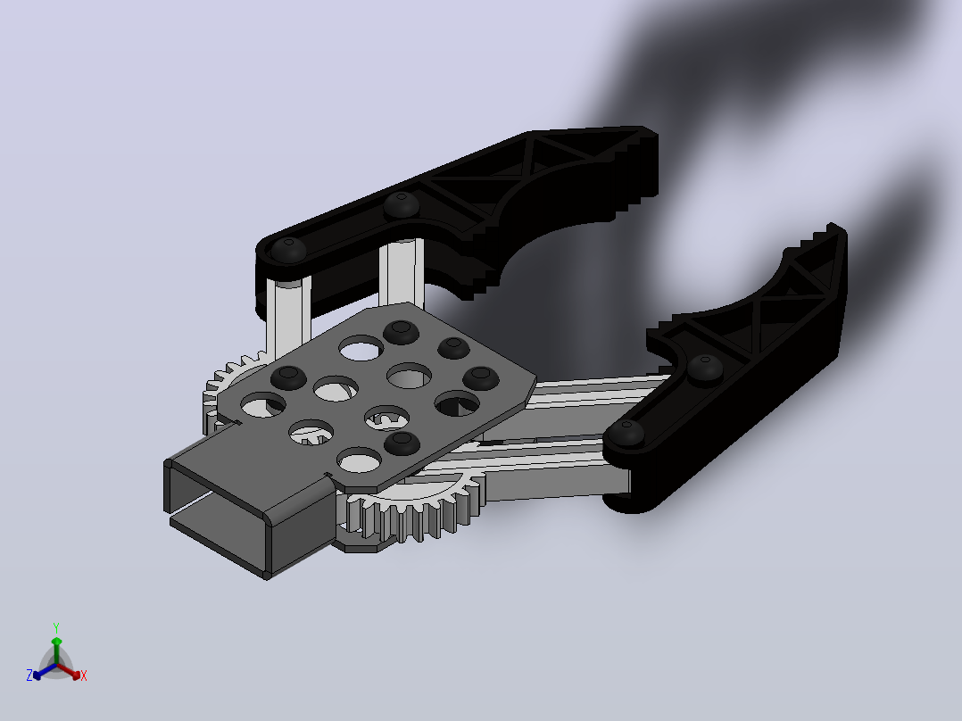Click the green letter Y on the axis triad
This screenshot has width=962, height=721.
click(56, 627)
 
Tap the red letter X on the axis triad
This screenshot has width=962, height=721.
click(84, 675)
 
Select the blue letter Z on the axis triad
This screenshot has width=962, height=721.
click(29, 675)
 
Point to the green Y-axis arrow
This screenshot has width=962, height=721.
click(56, 651)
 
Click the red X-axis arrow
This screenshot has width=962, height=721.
click(69, 671)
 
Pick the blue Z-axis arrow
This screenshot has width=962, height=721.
click(45, 671)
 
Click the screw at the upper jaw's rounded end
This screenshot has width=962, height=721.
click(288, 249)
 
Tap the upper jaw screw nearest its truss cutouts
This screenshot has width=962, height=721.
click(402, 205)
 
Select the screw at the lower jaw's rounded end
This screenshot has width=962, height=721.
click(626, 432)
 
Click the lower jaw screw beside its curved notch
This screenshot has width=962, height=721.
click(705, 368)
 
